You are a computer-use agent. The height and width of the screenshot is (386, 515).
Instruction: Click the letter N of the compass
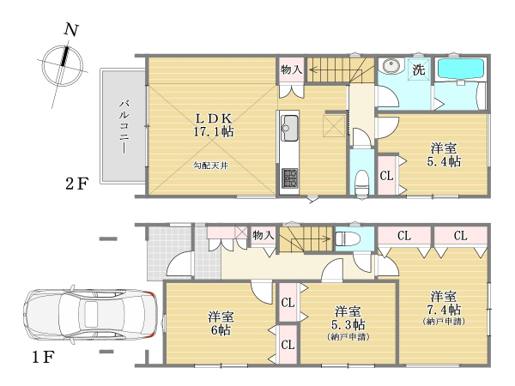(71, 30)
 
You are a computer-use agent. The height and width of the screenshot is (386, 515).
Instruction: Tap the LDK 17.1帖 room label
(214, 125)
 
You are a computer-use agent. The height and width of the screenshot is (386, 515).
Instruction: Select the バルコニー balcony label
(124, 127)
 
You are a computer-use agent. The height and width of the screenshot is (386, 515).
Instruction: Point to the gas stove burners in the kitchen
(290, 178)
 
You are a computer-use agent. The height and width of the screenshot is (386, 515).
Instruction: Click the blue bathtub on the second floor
(459, 69)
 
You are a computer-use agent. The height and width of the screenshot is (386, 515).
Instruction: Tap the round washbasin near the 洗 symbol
(391, 67)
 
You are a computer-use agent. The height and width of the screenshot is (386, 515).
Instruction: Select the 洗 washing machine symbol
(419, 69)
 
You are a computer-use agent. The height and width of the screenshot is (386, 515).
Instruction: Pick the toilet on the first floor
(344, 238)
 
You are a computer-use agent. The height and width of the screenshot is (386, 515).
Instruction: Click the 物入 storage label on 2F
(292, 69)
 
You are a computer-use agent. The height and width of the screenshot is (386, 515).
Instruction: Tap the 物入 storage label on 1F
(264, 235)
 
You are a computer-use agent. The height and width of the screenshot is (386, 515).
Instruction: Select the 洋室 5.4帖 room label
(444, 155)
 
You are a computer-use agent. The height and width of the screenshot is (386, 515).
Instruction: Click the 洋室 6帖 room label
(221, 323)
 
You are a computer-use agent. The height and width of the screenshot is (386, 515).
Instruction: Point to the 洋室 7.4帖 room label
(444, 307)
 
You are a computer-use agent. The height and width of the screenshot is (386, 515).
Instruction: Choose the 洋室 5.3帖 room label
(348, 323)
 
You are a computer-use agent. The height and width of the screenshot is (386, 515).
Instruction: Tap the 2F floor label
(77, 184)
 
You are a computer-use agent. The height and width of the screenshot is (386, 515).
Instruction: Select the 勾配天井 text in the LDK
(210, 166)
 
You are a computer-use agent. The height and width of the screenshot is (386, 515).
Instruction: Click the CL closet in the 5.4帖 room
(386, 176)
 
